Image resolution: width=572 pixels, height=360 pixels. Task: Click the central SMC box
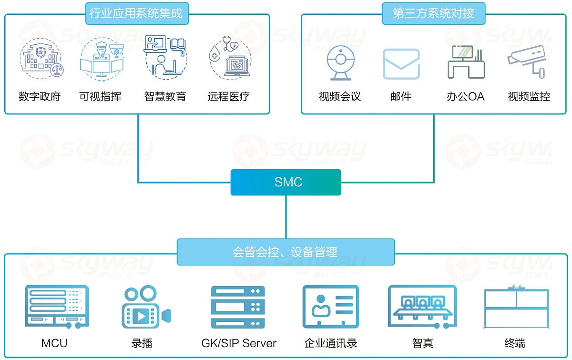[286, 182]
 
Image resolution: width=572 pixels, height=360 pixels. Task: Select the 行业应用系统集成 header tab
[136, 13]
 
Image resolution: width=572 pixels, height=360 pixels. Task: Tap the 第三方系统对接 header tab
[433, 13]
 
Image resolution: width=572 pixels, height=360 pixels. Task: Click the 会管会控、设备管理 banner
[286, 252]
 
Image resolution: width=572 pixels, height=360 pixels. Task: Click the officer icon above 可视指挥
[101, 59]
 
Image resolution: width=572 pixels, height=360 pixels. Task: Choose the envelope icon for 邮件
[401, 64]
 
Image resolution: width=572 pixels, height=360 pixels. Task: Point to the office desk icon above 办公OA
[466, 62]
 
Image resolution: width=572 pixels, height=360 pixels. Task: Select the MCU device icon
[57, 307]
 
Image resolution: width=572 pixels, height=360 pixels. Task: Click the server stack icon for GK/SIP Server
[238, 307]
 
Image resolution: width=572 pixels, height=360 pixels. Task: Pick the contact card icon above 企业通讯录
[330, 307]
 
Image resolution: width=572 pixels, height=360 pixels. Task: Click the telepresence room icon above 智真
[422, 307]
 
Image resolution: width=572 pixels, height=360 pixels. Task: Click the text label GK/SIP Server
[239, 343]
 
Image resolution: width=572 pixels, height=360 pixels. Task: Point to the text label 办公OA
[465, 96]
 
